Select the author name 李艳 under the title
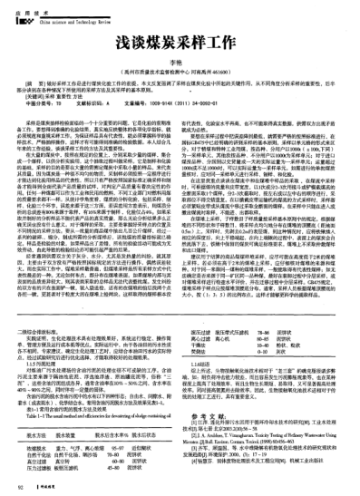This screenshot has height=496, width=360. coord(179,63)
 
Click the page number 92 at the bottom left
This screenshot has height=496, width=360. coord(20,487)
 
